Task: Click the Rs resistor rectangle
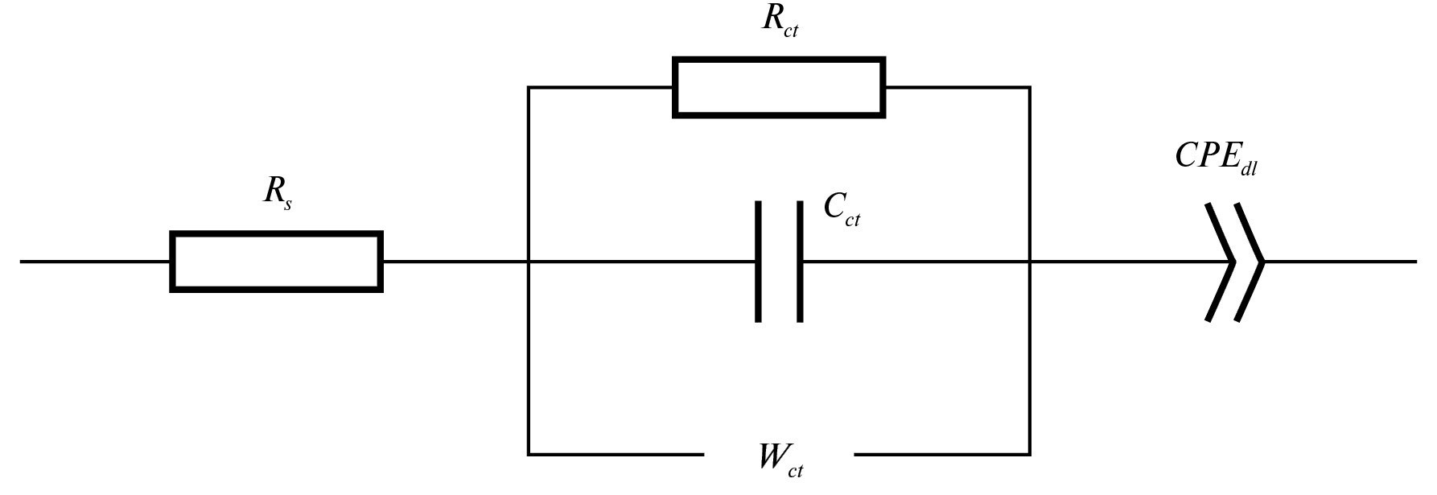(276, 262)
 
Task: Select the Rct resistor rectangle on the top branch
(779, 88)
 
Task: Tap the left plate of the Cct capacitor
(758, 262)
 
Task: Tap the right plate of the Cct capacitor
(800, 262)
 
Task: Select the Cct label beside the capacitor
(842, 210)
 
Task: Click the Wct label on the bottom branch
(780, 460)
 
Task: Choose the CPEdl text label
(1216, 158)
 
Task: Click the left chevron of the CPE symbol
(1221, 262)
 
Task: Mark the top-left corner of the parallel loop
(529, 87)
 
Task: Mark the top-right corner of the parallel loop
(1030, 87)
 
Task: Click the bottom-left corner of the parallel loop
(529, 455)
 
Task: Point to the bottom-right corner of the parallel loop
(1030, 455)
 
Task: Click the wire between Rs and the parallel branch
(455, 262)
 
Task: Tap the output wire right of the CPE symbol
(1340, 262)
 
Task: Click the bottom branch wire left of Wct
(616, 455)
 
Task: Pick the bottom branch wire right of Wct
(941, 455)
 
